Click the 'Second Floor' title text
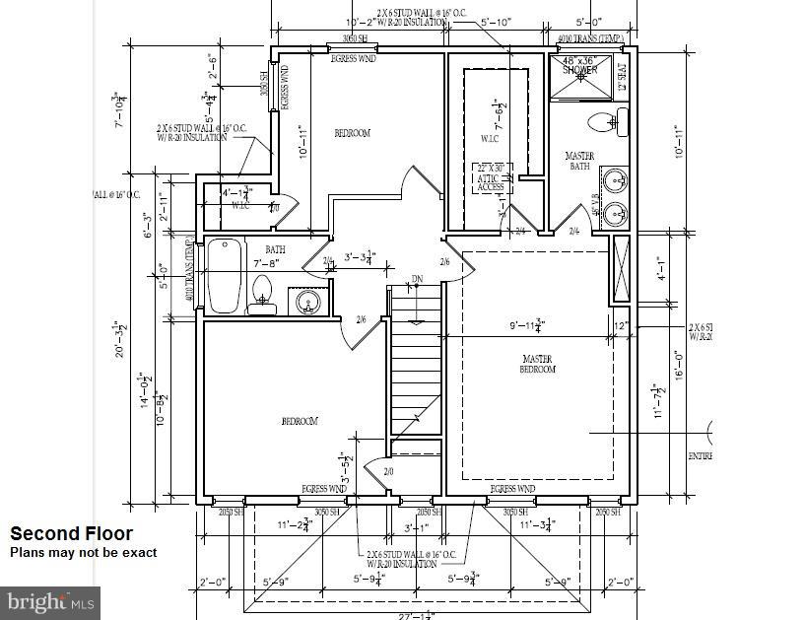(x=71, y=533)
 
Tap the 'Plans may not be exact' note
(x=83, y=553)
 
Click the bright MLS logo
(x=52, y=599)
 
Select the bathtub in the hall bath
(x=224, y=277)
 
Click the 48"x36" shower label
(x=579, y=65)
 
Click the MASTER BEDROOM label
(x=538, y=364)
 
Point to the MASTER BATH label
(x=579, y=162)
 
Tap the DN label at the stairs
(x=417, y=279)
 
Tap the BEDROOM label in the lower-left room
(x=300, y=422)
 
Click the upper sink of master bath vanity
(x=616, y=181)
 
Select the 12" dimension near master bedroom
(x=620, y=325)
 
